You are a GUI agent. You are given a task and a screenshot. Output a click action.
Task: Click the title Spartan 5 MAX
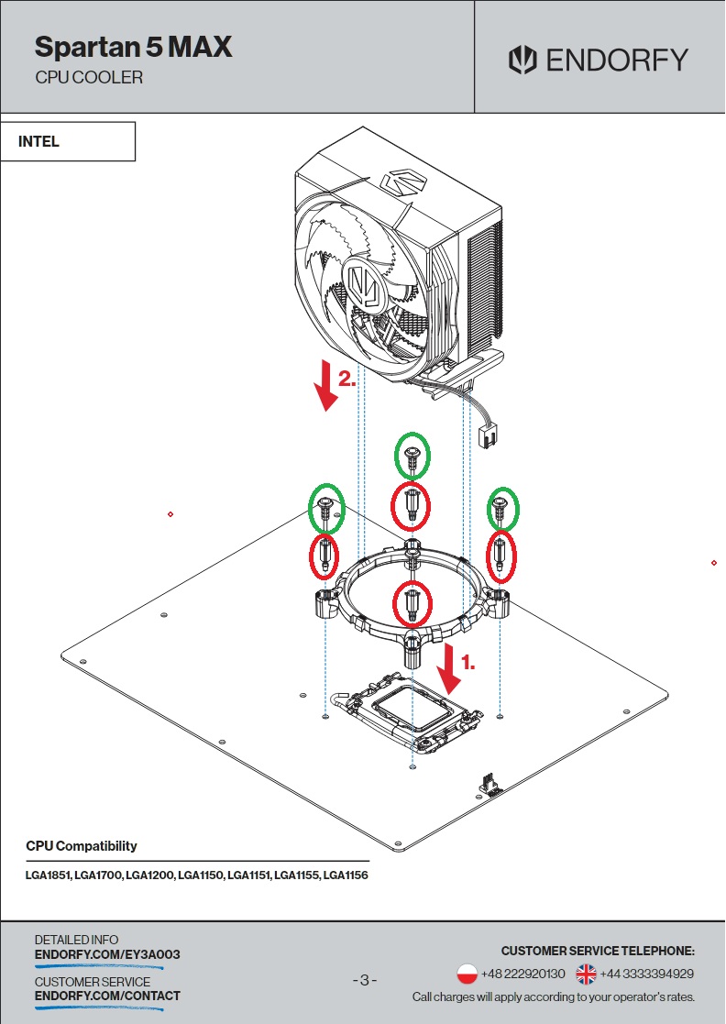point(133,47)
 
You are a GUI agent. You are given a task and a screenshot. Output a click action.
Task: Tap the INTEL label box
point(68,142)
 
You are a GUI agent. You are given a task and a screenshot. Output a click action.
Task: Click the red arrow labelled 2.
point(325,386)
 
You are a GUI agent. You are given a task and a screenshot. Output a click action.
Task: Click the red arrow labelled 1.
point(449,668)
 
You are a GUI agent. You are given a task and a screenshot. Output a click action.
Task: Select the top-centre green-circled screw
point(412,456)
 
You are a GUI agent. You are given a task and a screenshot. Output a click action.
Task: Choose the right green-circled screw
point(501,507)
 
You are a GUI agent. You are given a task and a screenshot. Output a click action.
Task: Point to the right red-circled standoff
point(500,555)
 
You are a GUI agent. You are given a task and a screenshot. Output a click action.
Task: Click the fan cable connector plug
point(488,435)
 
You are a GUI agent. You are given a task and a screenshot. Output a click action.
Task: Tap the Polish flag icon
point(467,974)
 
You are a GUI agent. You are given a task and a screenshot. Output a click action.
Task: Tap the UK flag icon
point(586,974)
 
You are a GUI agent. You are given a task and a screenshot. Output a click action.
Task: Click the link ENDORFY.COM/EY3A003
point(107,954)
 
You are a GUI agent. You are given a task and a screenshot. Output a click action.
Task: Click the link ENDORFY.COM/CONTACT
point(107,996)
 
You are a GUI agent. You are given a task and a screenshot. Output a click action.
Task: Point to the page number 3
point(364,981)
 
